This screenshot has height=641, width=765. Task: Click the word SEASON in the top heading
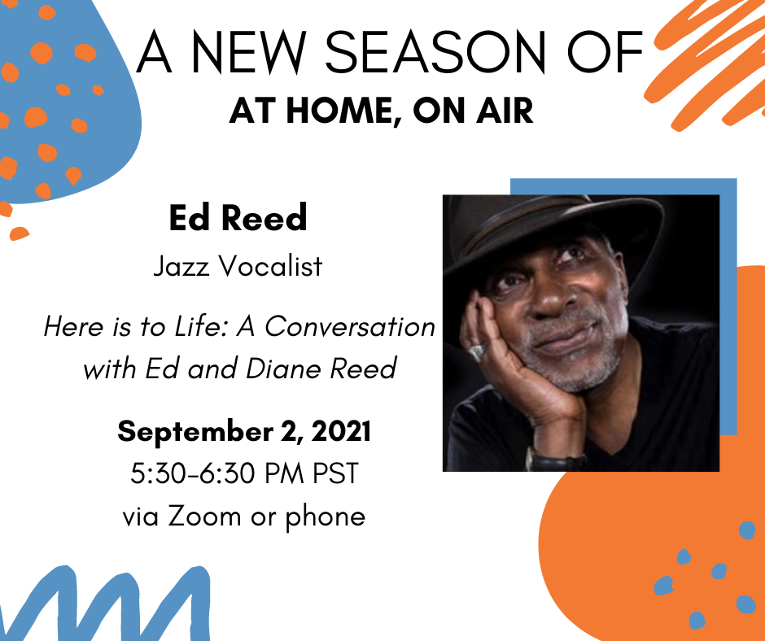(x=435, y=52)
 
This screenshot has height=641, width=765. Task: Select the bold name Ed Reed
(x=238, y=217)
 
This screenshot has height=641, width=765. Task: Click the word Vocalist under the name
(x=270, y=266)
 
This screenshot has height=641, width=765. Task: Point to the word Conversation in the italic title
(x=350, y=326)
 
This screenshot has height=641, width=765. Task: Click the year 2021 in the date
(x=341, y=432)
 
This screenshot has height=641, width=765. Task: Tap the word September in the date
(x=195, y=433)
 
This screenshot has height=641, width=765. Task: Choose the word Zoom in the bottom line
(x=205, y=516)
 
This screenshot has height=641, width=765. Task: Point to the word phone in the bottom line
(x=325, y=517)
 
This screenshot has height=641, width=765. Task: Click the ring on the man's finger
(x=477, y=352)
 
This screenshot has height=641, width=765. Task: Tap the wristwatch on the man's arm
(x=556, y=460)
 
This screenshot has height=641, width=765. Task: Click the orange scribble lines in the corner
(x=707, y=63)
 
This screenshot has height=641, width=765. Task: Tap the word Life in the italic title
(x=200, y=326)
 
